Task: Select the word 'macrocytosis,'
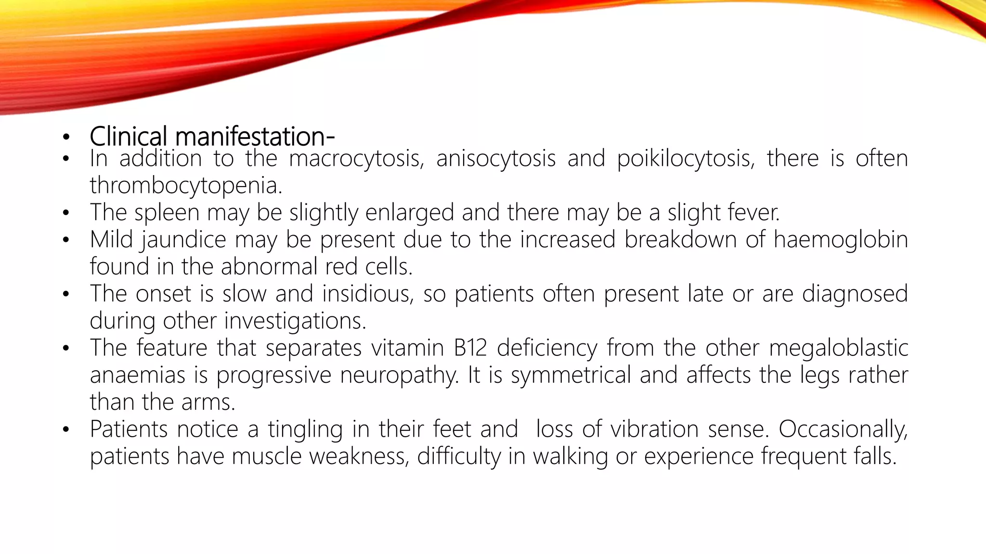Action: coord(357,159)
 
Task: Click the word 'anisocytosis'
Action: coord(496,159)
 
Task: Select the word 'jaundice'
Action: coord(183,240)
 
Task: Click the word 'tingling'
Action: coord(305,429)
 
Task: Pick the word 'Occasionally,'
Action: coord(843,429)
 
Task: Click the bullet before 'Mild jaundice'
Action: coord(66,240)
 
